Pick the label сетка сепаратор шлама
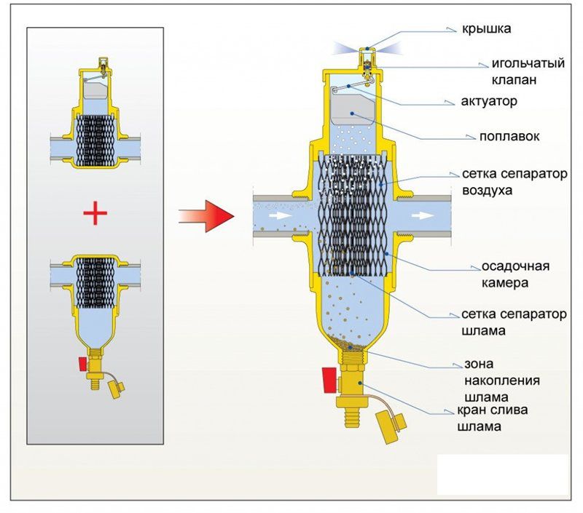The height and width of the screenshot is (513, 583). (x=513, y=322)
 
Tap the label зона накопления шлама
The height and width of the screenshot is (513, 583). (x=502, y=379)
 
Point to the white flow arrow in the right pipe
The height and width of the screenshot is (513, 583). (x=422, y=216)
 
